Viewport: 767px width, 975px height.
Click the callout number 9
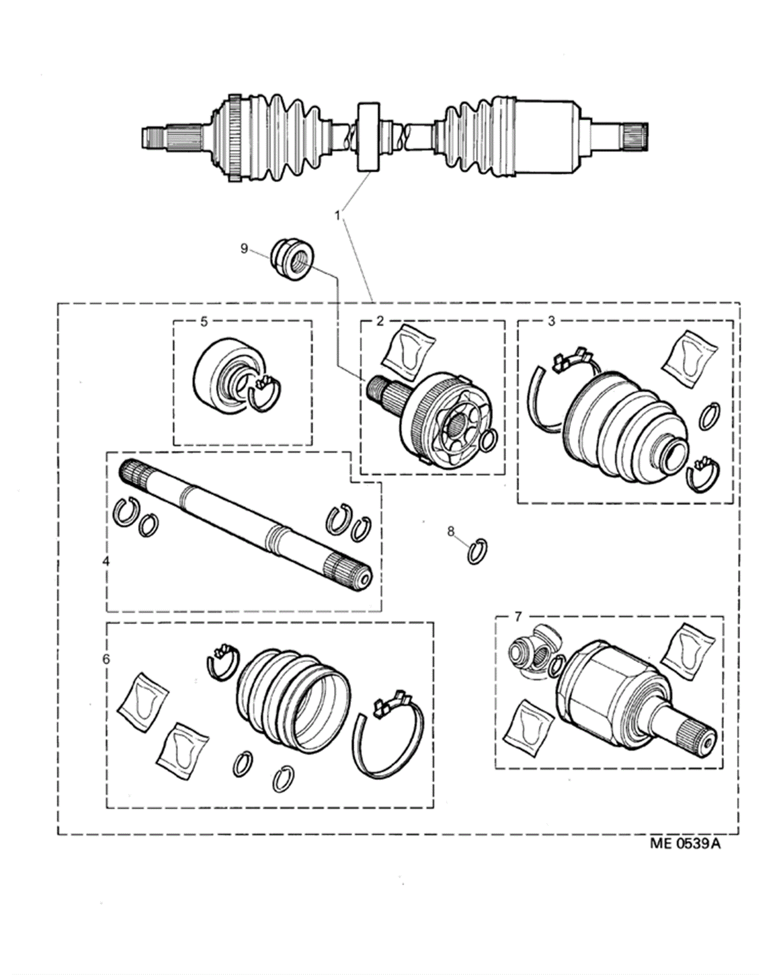(244, 249)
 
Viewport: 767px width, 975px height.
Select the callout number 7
(518, 617)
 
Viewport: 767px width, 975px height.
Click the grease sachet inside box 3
(689, 359)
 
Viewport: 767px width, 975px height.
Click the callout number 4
(106, 561)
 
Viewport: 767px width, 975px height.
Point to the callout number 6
(106, 659)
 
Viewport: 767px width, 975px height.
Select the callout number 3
(551, 321)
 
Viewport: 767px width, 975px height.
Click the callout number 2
(380, 320)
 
